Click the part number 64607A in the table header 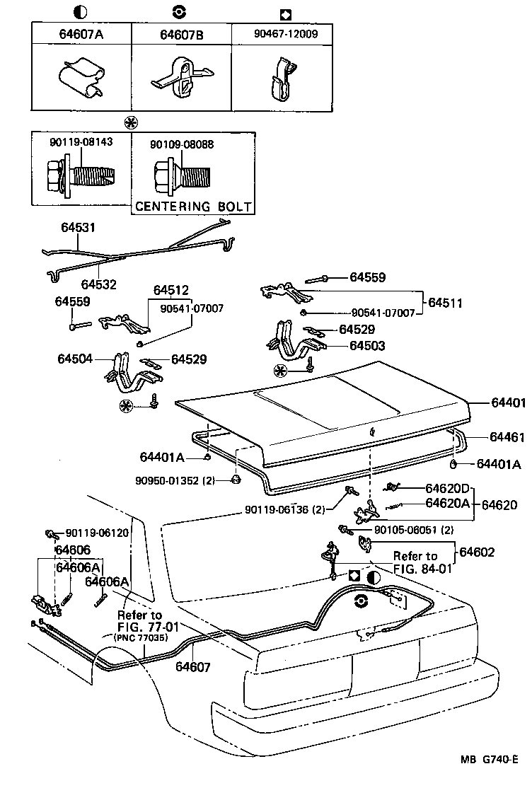click(x=81, y=34)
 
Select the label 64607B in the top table click(x=182, y=35)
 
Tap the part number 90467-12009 click(x=286, y=34)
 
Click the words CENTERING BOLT click(x=194, y=206)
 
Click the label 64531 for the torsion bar click(x=78, y=227)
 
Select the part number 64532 click(x=99, y=284)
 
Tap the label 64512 click(x=171, y=291)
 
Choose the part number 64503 click(x=368, y=346)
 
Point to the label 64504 click(x=75, y=359)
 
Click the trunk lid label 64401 click(x=509, y=402)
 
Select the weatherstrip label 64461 click(x=507, y=436)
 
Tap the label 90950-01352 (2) click(x=175, y=480)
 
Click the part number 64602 click(x=478, y=552)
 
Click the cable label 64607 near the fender click(x=193, y=667)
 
